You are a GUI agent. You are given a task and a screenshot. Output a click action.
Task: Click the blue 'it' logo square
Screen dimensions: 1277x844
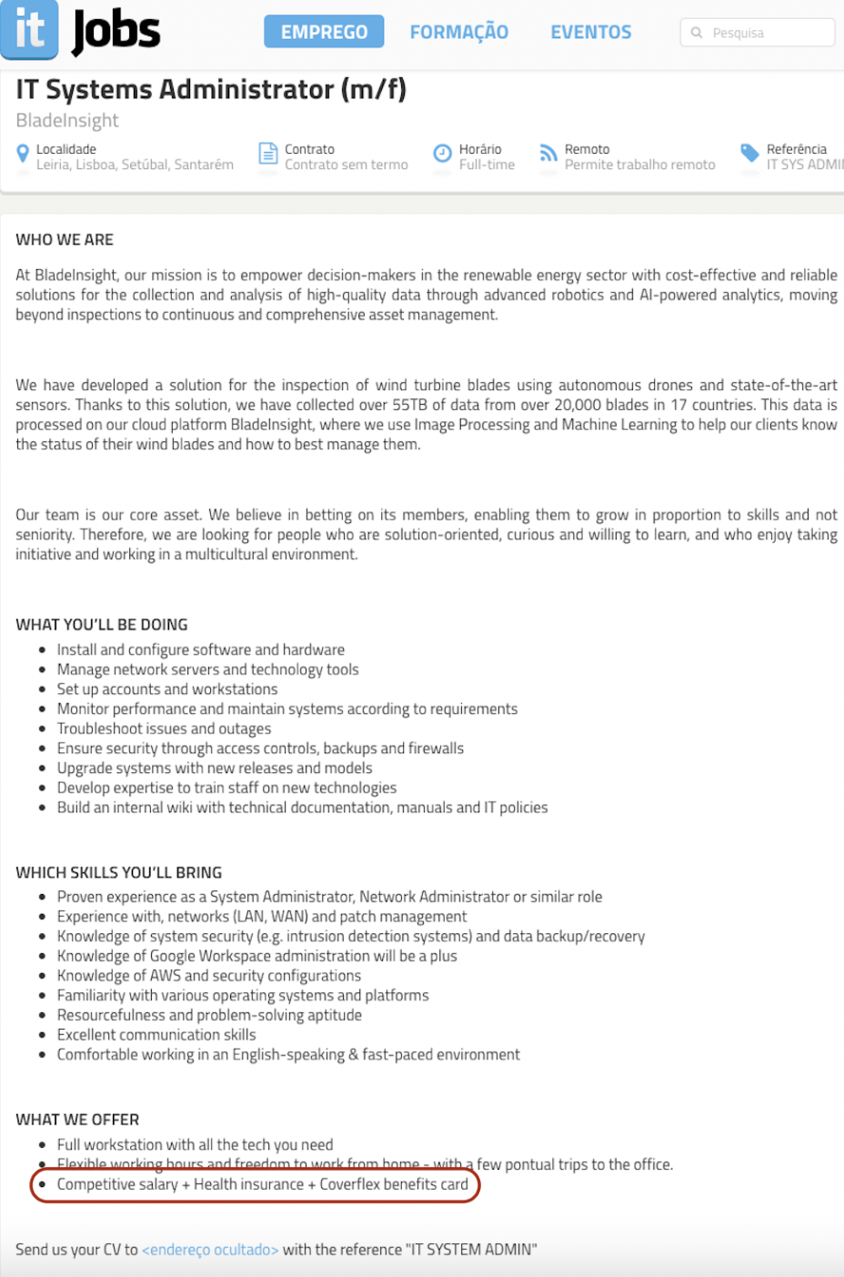[29, 28]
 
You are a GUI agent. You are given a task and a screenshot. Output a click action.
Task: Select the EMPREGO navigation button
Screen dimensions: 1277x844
[324, 32]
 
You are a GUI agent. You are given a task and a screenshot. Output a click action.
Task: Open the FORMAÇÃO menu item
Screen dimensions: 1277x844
[458, 32]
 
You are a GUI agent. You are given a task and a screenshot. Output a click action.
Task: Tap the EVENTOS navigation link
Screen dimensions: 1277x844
[590, 32]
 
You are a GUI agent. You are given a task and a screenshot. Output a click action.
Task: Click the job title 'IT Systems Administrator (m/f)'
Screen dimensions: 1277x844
[211, 89]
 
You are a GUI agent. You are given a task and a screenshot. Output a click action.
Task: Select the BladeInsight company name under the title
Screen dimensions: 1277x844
[67, 120]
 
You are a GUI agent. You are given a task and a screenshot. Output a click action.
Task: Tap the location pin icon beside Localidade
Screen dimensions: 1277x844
[23, 154]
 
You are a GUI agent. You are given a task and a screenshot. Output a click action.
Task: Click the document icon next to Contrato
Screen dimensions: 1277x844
[268, 153]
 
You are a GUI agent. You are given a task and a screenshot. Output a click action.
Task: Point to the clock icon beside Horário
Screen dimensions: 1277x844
[442, 153]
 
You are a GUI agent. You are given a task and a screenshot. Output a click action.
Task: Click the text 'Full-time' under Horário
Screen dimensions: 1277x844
[487, 165]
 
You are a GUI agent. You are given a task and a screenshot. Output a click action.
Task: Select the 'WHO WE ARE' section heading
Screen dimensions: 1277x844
[65, 239]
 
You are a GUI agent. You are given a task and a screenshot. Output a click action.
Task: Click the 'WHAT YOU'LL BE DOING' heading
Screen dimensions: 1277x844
[102, 624]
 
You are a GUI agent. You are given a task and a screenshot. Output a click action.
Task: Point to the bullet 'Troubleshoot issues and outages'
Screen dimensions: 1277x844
[164, 729]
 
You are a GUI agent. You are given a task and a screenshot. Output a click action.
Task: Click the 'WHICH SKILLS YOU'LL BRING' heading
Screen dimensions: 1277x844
[118, 872]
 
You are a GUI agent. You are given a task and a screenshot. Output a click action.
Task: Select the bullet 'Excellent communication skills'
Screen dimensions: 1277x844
[156, 1035]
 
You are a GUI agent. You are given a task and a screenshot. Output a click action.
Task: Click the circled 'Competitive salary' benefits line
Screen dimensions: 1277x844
[262, 1184]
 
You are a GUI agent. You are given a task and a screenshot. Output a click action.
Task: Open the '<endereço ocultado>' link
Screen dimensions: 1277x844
[210, 1250]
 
